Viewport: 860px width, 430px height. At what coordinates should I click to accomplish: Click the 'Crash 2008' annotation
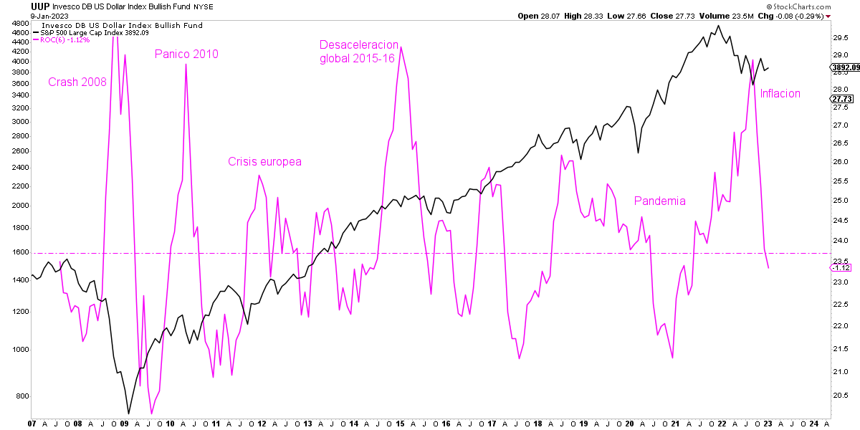[77, 82]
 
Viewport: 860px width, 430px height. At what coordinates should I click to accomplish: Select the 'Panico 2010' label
[186, 54]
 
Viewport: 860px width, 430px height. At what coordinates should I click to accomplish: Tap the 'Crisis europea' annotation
[264, 162]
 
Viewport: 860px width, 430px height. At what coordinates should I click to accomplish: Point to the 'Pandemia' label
[659, 201]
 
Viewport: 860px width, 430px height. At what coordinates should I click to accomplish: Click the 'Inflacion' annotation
[780, 94]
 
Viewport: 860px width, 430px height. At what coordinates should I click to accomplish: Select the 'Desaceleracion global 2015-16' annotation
[358, 52]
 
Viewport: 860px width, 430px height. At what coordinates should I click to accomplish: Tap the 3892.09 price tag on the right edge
[844, 67]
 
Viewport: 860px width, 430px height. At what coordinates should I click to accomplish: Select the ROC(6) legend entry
[65, 39]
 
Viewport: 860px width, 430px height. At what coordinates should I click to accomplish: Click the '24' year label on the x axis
[815, 424]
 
